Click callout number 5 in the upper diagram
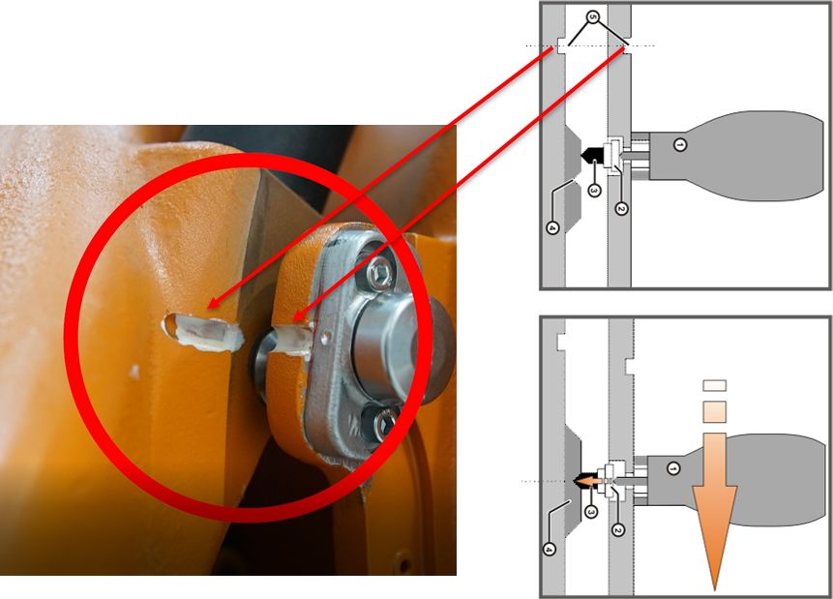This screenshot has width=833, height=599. coord(593,17)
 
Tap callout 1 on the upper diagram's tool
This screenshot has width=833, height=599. coord(679,144)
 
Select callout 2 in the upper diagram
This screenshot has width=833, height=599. coord(621,208)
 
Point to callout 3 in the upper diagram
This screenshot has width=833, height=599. coord(594,191)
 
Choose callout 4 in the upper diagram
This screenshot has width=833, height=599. coord(552,228)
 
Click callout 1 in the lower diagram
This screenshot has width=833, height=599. coord(673,468)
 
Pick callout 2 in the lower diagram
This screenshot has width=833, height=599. coord(617,530)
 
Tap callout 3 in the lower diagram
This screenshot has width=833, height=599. coord(590,511)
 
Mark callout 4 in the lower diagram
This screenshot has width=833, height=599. coord(550,549)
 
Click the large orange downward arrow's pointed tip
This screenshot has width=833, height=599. coord(715,590)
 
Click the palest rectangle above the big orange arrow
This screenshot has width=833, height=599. coord(715,385)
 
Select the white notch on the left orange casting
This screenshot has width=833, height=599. coord(203,332)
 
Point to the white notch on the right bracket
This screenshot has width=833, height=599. coord(293,341)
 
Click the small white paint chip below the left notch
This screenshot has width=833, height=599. coord(134,372)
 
